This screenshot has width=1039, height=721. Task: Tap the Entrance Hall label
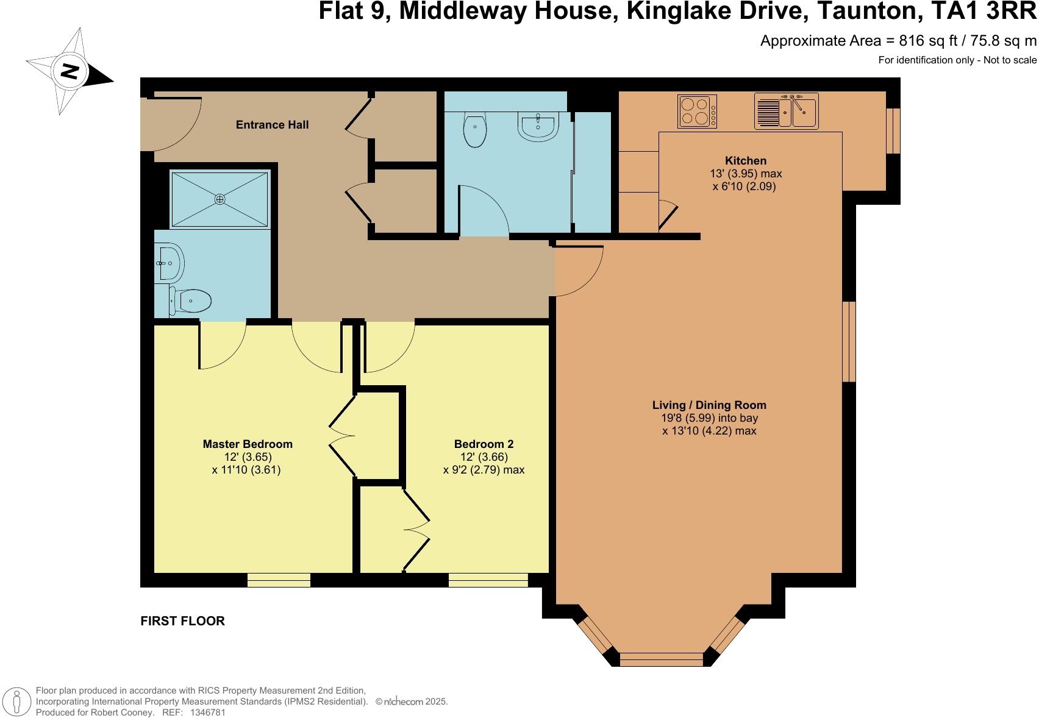tap(272, 125)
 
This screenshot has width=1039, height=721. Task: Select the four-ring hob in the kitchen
tap(697, 112)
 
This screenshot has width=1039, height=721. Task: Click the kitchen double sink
tap(787, 112)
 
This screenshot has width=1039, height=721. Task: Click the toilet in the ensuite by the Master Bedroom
tap(190, 300)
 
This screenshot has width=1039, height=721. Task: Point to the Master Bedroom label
tap(248, 444)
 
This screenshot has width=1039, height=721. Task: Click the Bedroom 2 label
tap(484, 444)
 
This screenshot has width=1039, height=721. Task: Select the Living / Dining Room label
tap(709, 405)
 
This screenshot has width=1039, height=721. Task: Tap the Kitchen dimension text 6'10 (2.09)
tap(744, 186)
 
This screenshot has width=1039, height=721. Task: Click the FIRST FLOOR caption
tap(182, 621)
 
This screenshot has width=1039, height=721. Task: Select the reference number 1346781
tap(208, 712)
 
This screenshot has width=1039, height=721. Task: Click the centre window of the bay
tap(662, 659)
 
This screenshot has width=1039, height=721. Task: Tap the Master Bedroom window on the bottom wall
tap(279, 580)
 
